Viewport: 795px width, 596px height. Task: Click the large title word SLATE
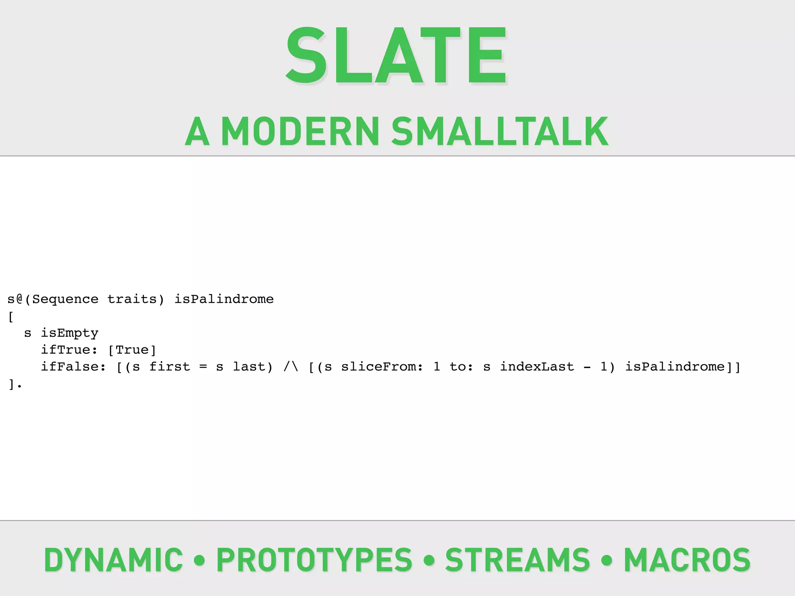coord(396,56)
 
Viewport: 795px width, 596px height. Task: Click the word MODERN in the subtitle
coord(300,132)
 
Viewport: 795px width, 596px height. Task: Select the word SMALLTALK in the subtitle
coord(500,132)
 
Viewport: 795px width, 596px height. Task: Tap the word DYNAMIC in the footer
coord(113,560)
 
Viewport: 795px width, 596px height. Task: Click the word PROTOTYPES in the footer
coord(314,560)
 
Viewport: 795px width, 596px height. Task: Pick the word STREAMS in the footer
coord(517,560)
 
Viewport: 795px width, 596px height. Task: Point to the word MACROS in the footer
coord(687,560)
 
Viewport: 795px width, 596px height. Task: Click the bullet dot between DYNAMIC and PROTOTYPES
coord(199,560)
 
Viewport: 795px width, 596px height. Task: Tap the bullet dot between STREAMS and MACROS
coord(606,560)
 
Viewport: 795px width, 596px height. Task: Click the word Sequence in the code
coord(65,300)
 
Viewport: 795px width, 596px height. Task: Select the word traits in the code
coord(132,300)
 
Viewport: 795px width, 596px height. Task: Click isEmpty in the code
coord(70,333)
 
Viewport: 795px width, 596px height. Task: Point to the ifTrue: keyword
coord(69,350)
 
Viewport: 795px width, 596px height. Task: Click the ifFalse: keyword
coord(73,367)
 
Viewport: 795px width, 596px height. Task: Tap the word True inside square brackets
coord(132,350)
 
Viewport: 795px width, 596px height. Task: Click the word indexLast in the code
coord(537,367)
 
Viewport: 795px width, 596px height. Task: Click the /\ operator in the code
coord(291,367)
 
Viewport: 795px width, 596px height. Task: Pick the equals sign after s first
coord(203,367)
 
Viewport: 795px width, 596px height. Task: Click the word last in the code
coord(249,367)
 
